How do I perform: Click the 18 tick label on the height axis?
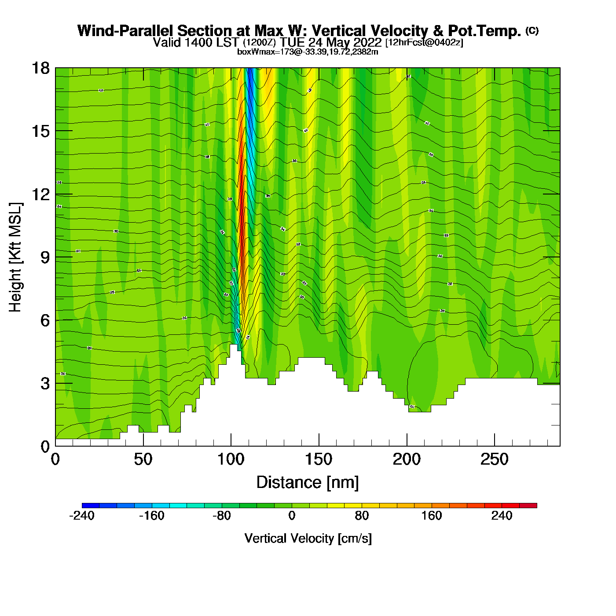(40, 68)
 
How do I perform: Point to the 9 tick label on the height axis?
(45, 257)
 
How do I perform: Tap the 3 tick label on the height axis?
(45, 384)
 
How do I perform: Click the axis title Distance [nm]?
(308, 483)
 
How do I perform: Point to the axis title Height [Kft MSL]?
(15, 257)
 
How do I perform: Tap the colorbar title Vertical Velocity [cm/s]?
(308, 539)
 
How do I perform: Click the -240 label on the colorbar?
(82, 516)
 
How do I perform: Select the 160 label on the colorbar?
(432, 516)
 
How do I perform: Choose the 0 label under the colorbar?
(292, 516)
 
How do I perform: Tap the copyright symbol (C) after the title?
(532, 30)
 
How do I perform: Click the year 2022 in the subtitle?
(367, 43)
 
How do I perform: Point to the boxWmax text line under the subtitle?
(308, 52)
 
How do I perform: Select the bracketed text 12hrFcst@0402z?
(424, 43)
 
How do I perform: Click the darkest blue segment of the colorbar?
(91, 506)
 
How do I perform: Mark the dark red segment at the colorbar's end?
(528, 506)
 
